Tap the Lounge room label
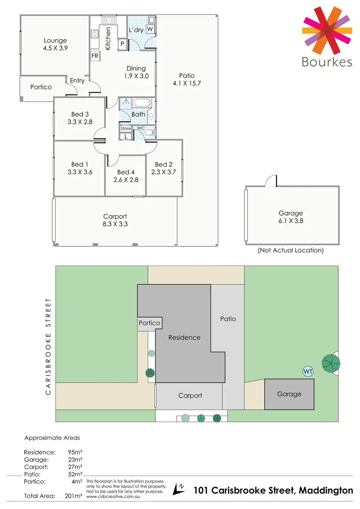click(55, 41)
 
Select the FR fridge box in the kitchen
click(95, 56)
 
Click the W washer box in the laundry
click(150, 29)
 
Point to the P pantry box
click(123, 44)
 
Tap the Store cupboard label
click(125, 129)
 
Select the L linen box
click(126, 136)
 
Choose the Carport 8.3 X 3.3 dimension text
click(115, 224)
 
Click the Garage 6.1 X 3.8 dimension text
click(291, 221)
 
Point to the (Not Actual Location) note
click(290, 250)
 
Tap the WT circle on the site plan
click(308, 371)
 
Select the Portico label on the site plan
click(149, 323)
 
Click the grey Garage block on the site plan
click(289, 394)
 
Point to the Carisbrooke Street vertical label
click(48, 346)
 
